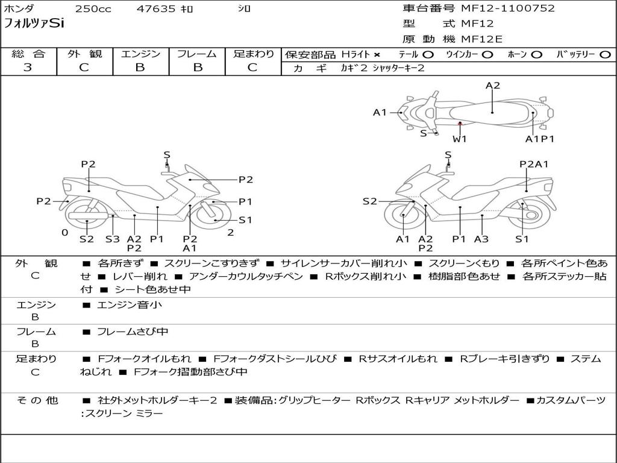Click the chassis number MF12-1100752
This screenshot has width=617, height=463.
click(x=507, y=8)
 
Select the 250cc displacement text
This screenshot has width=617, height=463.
click(x=93, y=9)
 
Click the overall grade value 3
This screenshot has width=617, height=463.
click(x=28, y=68)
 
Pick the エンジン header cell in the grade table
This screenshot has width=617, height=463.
click(x=140, y=54)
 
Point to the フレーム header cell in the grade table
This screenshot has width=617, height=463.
click(x=197, y=54)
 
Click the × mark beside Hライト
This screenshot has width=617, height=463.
click(x=377, y=54)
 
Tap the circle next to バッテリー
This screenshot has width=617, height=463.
click(x=605, y=54)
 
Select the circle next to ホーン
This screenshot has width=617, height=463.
click(x=536, y=54)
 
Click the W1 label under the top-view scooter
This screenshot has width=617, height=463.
click(x=460, y=139)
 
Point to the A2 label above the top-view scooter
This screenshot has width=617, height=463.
click(x=493, y=86)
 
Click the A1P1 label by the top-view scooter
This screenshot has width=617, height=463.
click(x=539, y=139)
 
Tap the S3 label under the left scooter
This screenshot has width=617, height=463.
click(x=113, y=239)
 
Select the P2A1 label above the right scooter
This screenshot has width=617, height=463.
click(x=534, y=164)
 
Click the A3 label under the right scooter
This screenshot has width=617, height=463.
click(x=481, y=239)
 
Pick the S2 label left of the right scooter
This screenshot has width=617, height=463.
click(x=369, y=201)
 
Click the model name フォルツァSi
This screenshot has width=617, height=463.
click(x=34, y=24)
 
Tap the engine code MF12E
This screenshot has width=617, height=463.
click(x=482, y=39)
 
